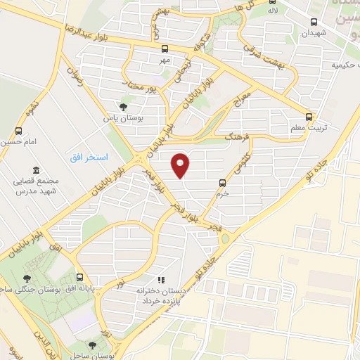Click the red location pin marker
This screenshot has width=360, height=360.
tap(181, 166)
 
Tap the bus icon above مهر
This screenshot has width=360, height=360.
tap(165, 49)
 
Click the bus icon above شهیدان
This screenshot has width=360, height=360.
tap(314, 21)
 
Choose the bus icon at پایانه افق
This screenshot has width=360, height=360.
tap(79, 277)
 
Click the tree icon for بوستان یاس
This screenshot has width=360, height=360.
tap(124, 107)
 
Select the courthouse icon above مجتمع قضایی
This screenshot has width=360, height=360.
tap(36, 169)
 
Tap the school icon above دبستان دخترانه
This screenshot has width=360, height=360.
tap(162, 280)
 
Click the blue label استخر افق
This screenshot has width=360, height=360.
tap(89, 155)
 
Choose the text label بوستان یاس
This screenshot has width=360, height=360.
tap(124, 119)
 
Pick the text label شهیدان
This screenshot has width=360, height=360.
tap(314, 33)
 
